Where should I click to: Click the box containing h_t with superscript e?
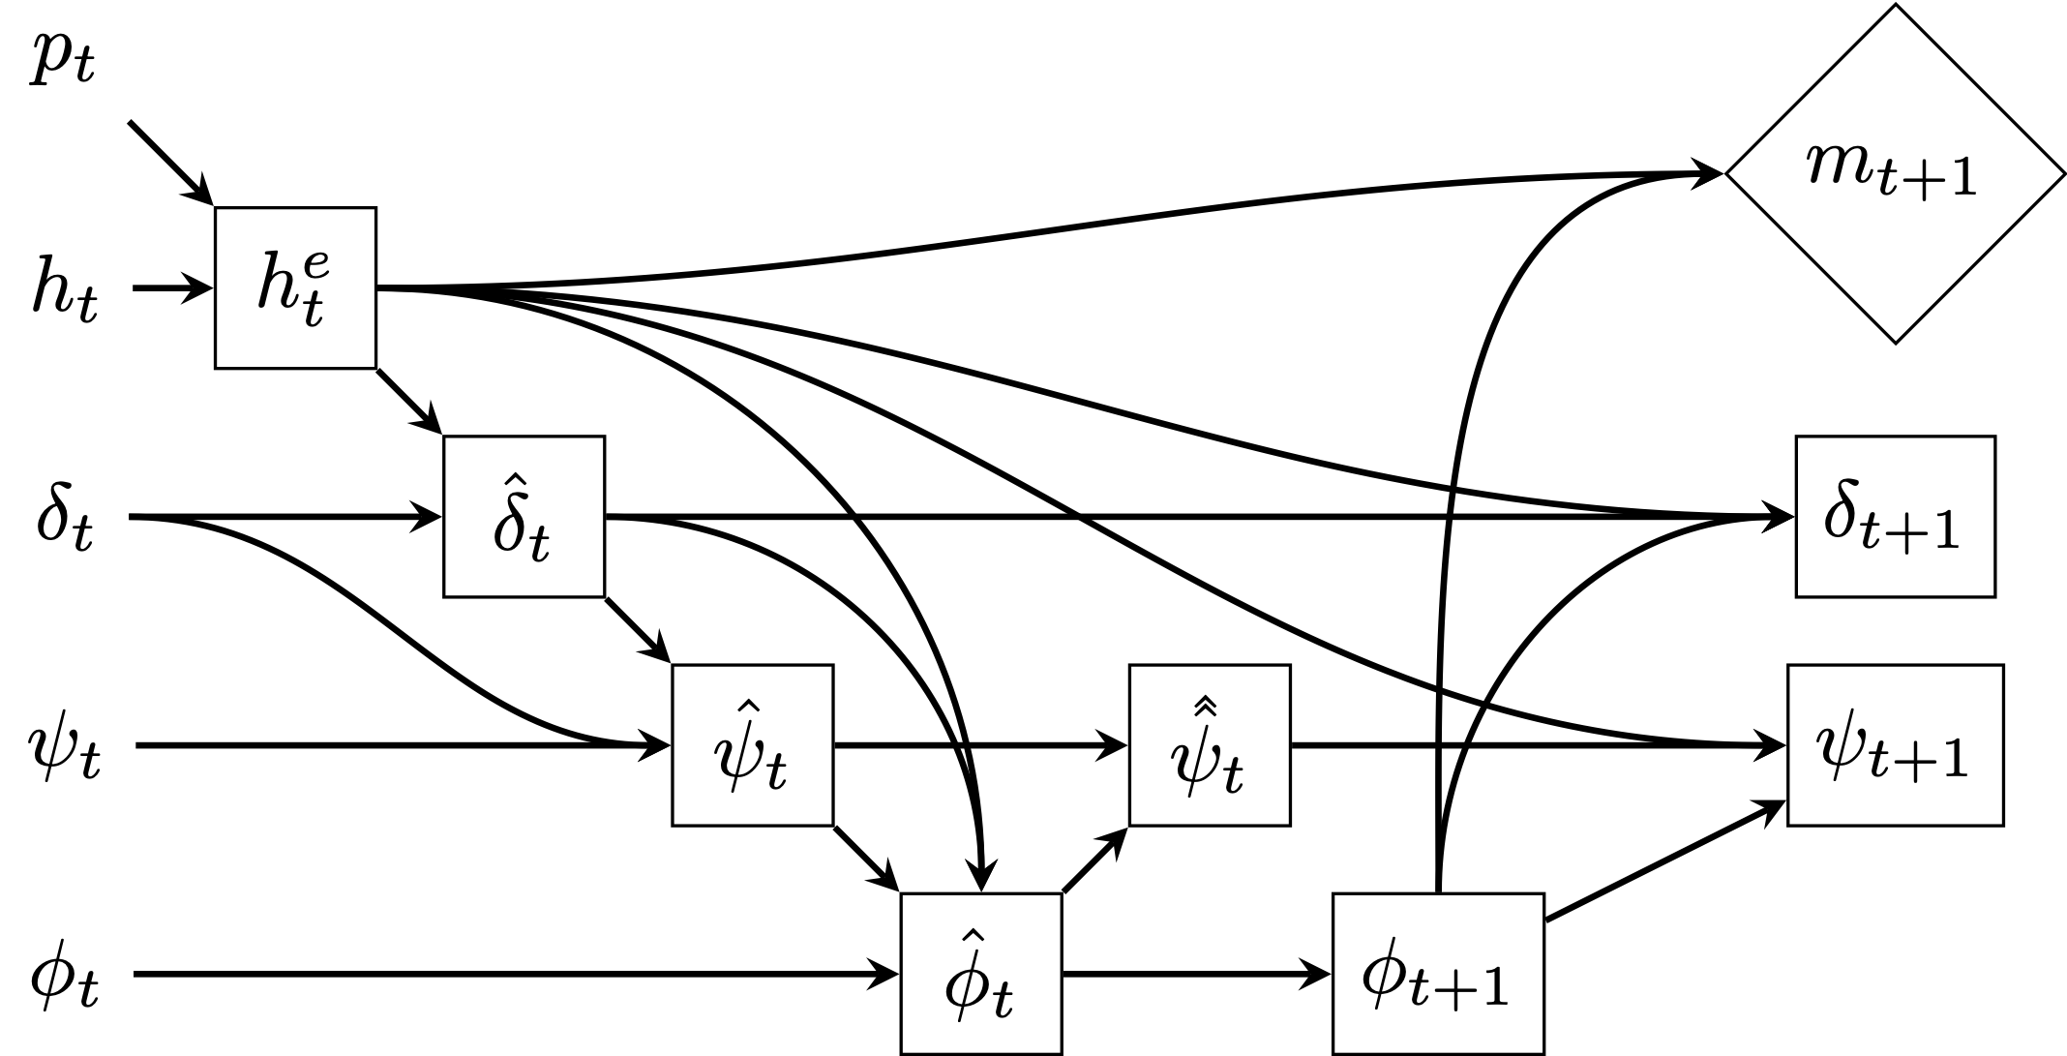[x=295, y=287]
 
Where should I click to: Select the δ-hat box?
[x=524, y=517]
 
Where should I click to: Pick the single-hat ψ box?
[x=752, y=745]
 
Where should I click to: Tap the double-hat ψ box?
[x=1210, y=745]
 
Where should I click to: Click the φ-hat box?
[x=981, y=974]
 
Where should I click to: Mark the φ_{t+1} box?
[x=1438, y=974]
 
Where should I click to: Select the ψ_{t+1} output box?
[x=1895, y=745]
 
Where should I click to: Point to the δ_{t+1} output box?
[x=1895, y=517]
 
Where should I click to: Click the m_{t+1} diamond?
[x=1895, y=174]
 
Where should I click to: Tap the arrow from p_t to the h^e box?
[x=170, y=163]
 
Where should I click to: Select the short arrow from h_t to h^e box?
[x=172, y=288]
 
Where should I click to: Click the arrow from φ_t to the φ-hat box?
[x=513, y=974]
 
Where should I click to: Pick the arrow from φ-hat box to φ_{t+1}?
[x=1196, y=974]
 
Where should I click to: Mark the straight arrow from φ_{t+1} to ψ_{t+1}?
[x=1664, y=861]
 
